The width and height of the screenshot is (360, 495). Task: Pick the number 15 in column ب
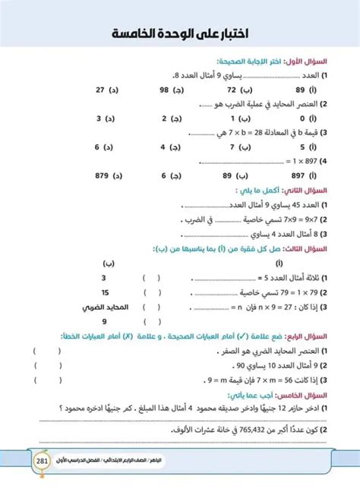(103, 292)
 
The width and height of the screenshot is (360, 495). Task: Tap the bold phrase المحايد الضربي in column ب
(103, 307)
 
